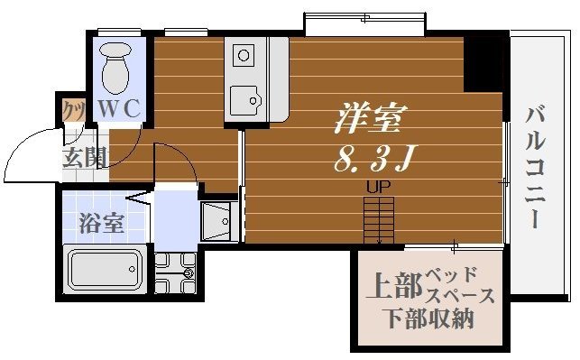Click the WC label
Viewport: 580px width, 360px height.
[x=119, y=108]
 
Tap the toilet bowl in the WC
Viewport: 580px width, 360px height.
[x=116, y=69]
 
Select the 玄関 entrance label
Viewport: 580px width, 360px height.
[x=84, y=159]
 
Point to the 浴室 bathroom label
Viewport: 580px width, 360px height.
[x=101, y=222]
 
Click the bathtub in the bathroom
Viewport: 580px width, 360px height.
[x=106, y=268]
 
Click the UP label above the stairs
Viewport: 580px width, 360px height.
[x=378, y=188]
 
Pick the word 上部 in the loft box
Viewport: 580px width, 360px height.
[x=393, y=288]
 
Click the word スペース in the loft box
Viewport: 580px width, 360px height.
[x=460, y=295]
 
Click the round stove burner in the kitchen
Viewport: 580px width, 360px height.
[x=244, y=56]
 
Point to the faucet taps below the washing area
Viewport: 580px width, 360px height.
[x=175, y=268]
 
